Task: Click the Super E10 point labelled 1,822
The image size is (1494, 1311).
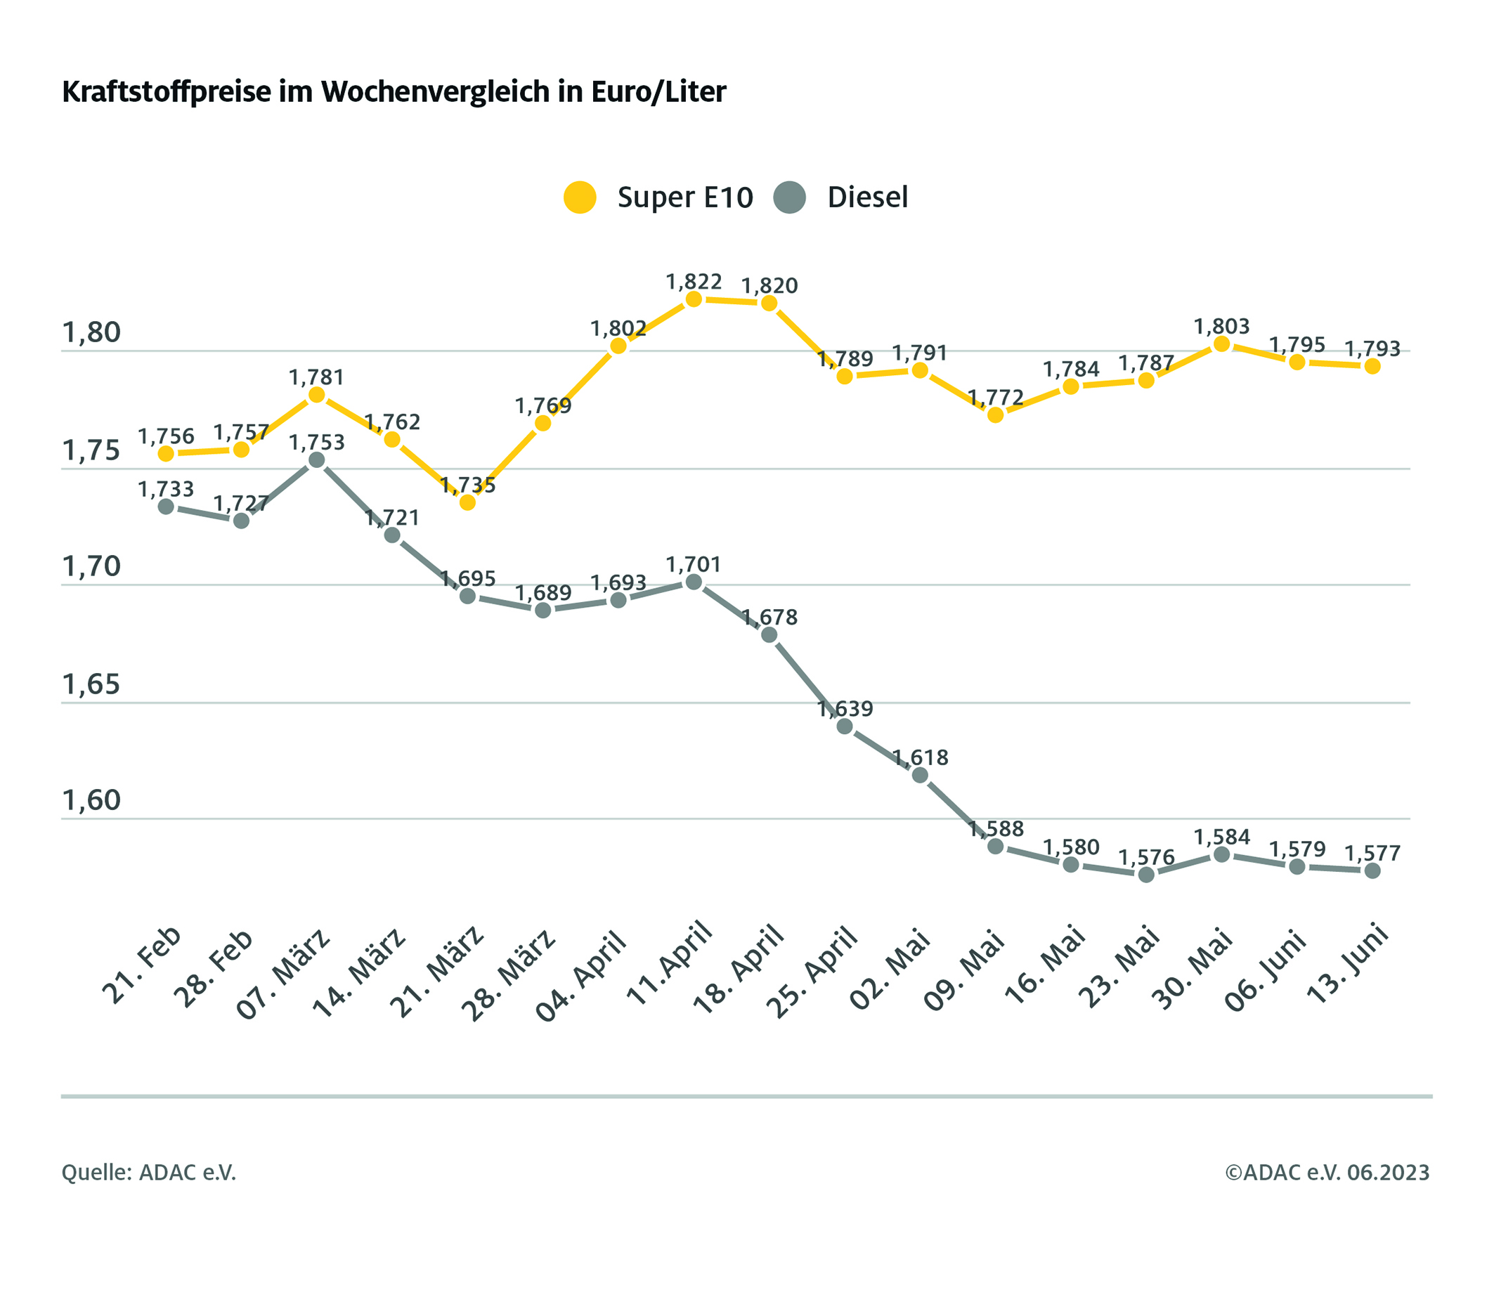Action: pyautogui.click(x=694, y=299)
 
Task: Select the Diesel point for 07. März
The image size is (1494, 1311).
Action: pyautogui.click(x=316, y=459)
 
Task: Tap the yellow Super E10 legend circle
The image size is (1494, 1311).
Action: pyautogui.click(x=580, y=197)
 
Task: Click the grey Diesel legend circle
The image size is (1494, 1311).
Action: pyautogui.click(x=788, y=197)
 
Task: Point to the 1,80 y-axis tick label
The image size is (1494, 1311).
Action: pyautogui.click(x=91, y=332)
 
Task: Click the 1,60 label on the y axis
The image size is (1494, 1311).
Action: pyautogui.click(x=91, y=801)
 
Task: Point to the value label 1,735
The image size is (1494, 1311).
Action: pyautogui.click(x=468, y=485)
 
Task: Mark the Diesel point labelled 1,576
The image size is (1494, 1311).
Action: pyautogui.click(x=1146, y=874)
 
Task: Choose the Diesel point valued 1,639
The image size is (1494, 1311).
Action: pyautogui.click(x=844, y=726)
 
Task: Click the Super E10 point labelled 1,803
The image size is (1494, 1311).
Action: pyautogui.click(x=1221, y=344)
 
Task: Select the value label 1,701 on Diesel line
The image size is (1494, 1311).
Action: pyautogui.click(x=694, y=564)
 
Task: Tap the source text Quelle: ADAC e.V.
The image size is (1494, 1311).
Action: pyautogui.click(x=148, y=1172)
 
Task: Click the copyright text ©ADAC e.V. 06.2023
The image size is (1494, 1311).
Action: pyautogui.click(x=1327, y=1172)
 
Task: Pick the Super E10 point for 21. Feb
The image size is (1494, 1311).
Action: pyautogui.click(x=166, y=454)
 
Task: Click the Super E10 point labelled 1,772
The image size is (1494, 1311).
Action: pyautogui.click(x=995, y=415)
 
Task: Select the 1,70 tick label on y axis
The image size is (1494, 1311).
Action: pyautogui.click(x=91, y=566)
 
